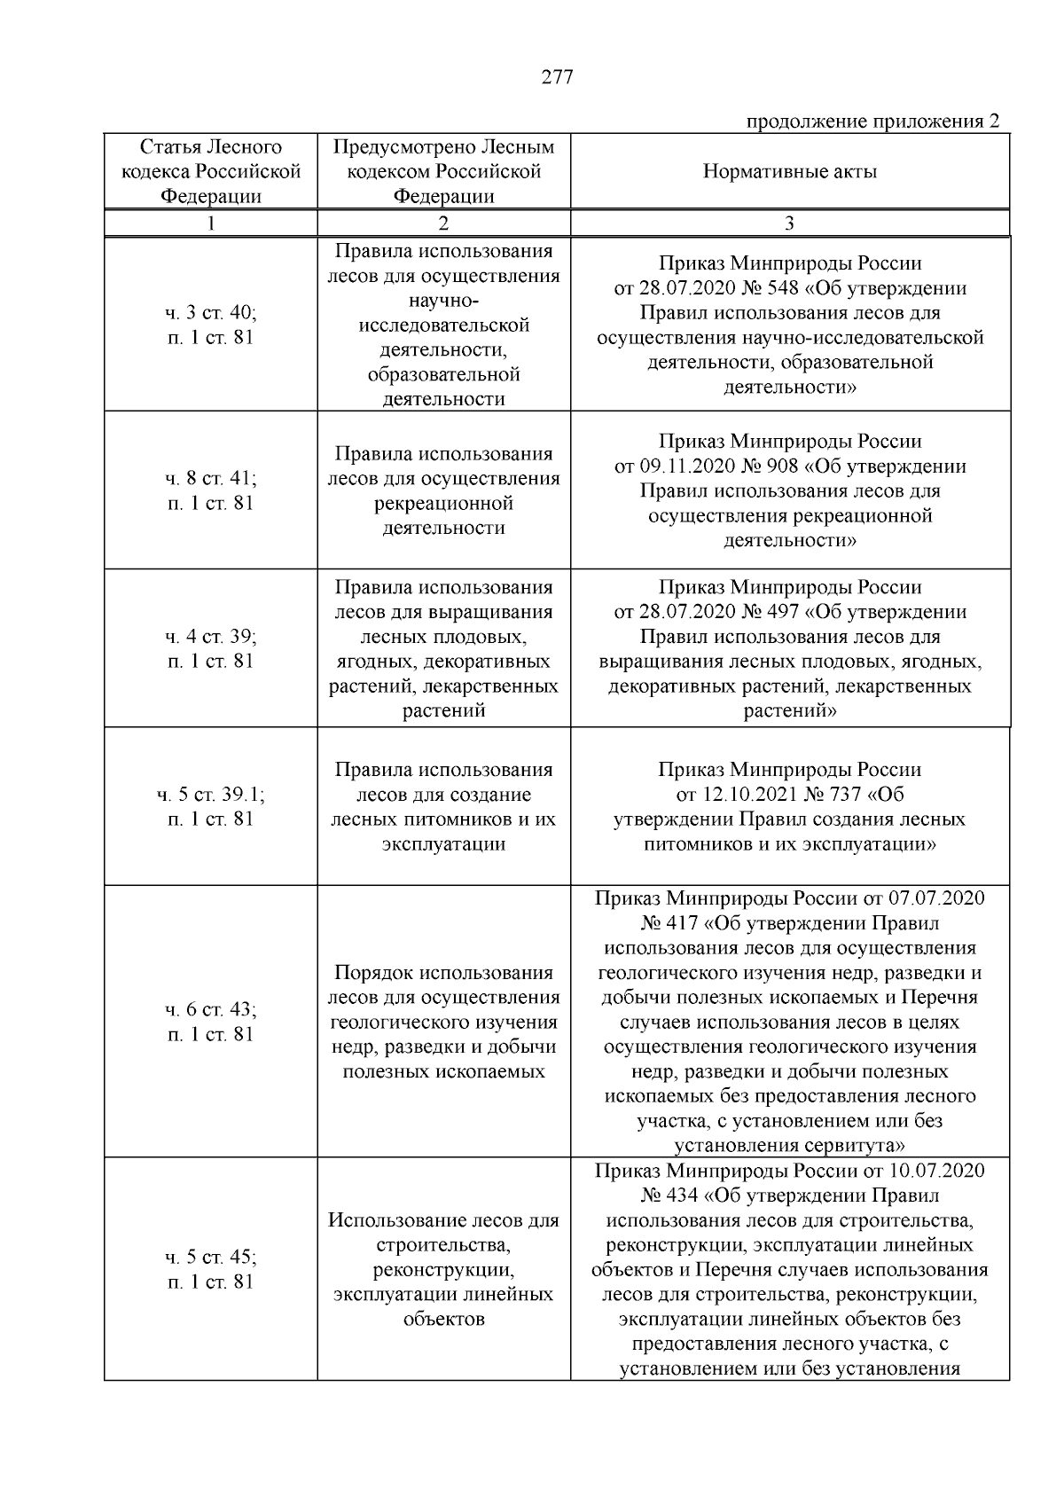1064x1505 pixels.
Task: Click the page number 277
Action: (x=557, y=77)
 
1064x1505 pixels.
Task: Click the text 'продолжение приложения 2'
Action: (x=872, y=121)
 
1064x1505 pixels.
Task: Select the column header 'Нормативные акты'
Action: (x=789, y=172)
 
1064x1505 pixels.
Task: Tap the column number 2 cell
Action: (x=443, y=223)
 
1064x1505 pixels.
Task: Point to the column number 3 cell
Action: (x=789, y=223)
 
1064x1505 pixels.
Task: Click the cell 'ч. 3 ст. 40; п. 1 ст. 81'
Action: (x=211, y=325)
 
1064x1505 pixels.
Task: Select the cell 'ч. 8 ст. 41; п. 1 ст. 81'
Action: (x=211, y=490)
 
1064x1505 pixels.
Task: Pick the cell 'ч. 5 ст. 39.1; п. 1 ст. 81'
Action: (x=211, y=806)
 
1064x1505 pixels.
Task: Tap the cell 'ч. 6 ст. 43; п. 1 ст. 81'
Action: (x=211, y=1022)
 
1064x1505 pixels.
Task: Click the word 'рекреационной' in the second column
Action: (x=443, y=504)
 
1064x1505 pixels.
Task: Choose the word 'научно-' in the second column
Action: (x=443, y=301)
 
